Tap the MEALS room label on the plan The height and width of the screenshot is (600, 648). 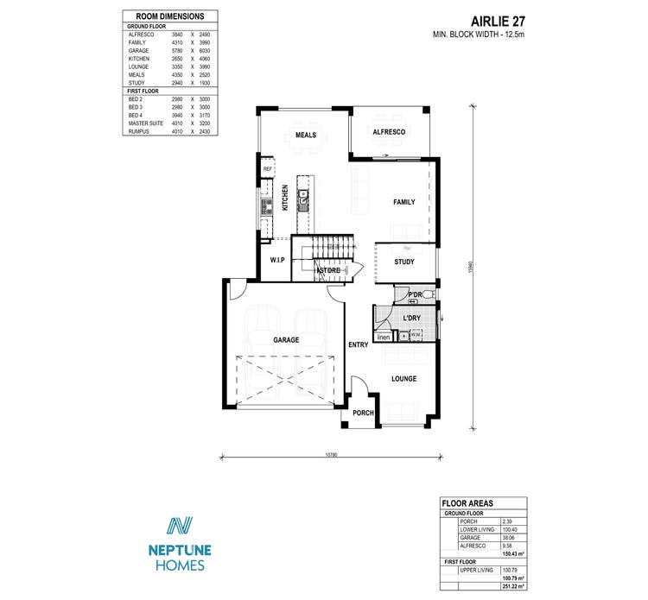pos(306,136)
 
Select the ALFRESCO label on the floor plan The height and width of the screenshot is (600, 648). pos(389,132)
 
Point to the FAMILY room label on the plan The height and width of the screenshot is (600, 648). pos(403,202)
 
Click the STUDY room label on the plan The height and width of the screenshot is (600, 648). pos(403,262)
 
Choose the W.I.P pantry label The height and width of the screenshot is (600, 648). pos(277,260)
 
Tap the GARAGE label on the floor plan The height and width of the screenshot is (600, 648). pos(286,340)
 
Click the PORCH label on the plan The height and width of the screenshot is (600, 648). pos(363,414)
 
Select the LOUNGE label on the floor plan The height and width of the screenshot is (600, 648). pos(403,379)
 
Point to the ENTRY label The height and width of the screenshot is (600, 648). pos(358,345)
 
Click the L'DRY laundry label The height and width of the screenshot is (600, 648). pos(412,319)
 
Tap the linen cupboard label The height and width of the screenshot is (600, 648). pos(384,338)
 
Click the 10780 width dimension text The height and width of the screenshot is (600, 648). pos(330,454)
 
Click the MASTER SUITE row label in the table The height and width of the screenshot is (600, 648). pos(146,123)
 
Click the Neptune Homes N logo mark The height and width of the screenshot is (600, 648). pos(180,527)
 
